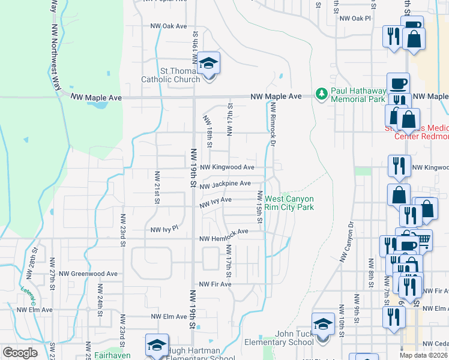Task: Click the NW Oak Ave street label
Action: tap(169, 26)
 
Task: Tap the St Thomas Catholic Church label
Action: tap(170, 75)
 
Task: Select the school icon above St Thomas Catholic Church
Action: tap(208, 64)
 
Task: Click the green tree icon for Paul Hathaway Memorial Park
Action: tap(322, 94)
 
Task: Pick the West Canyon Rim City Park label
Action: tap(290, 203)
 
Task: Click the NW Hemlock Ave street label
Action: tap(224, 232)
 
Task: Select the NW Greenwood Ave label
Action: tap(91, 274)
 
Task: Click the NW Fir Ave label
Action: tap(215, 284)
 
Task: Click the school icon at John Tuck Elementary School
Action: tap(322, 325)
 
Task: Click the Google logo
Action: tap(20, 353)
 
